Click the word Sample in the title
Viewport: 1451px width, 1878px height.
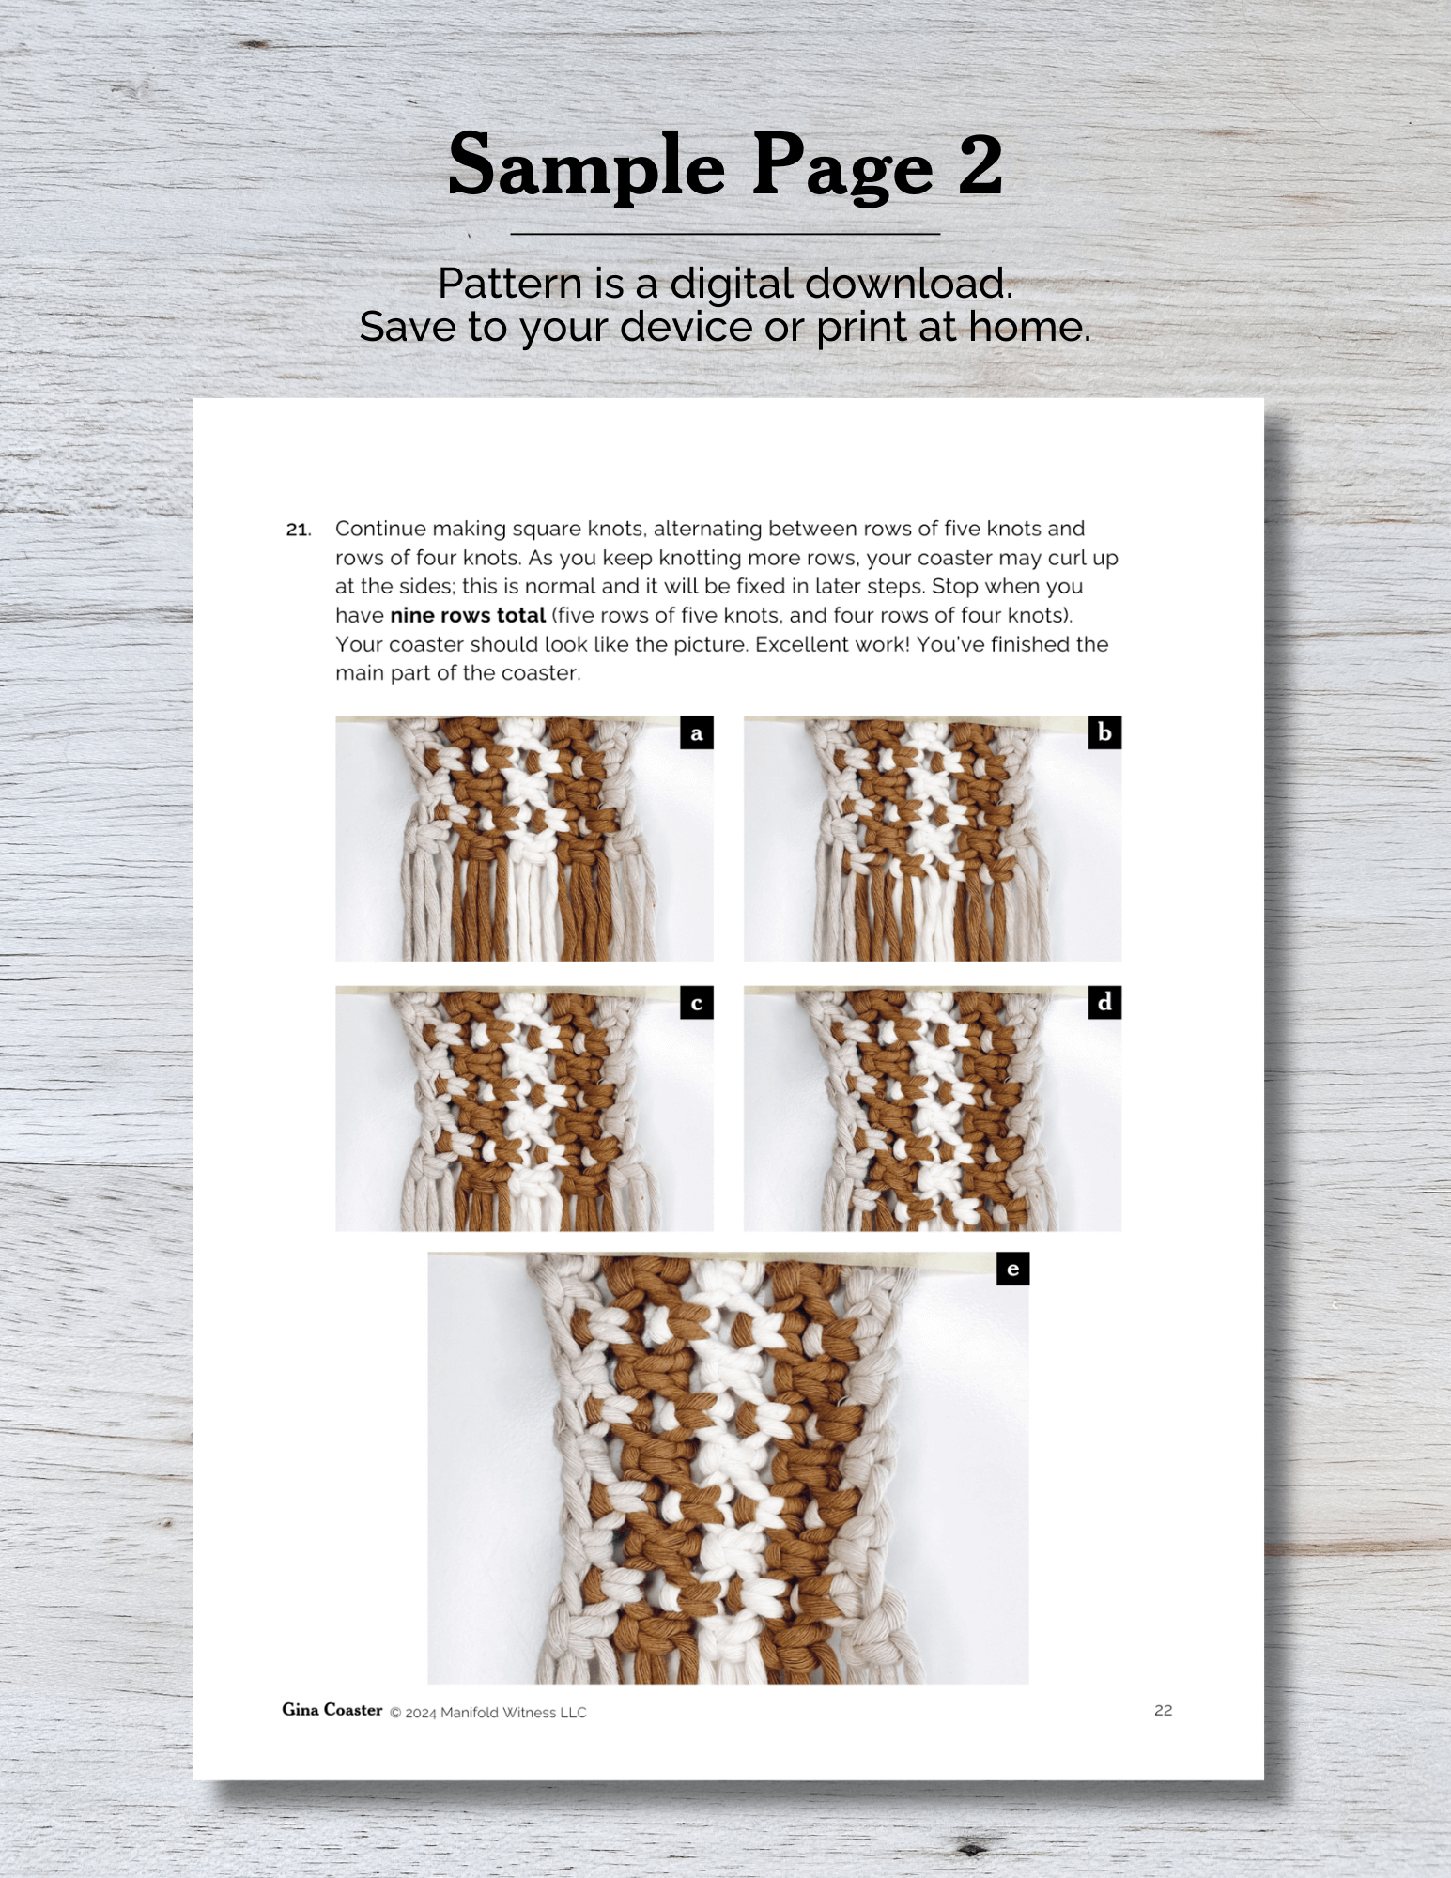[586, 166]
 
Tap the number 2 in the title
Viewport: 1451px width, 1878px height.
[981, 164]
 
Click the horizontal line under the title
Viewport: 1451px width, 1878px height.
[725, 234]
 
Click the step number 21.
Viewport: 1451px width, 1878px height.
[299, 530]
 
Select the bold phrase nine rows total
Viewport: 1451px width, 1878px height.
[468, 616]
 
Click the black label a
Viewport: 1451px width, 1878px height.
[697, 732]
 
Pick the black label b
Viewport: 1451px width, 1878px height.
[1104, 732]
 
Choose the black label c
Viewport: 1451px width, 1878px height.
[697, 1003]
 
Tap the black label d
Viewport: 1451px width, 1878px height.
[1104, 1003]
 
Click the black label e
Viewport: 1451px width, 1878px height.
[1012, 1269]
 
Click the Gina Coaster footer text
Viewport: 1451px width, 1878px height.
[332, 1710]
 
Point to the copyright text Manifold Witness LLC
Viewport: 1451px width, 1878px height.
[514, 1713]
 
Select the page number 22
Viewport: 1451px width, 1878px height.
[1163, 1711]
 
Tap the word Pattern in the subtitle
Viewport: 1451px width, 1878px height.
[510, 284]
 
